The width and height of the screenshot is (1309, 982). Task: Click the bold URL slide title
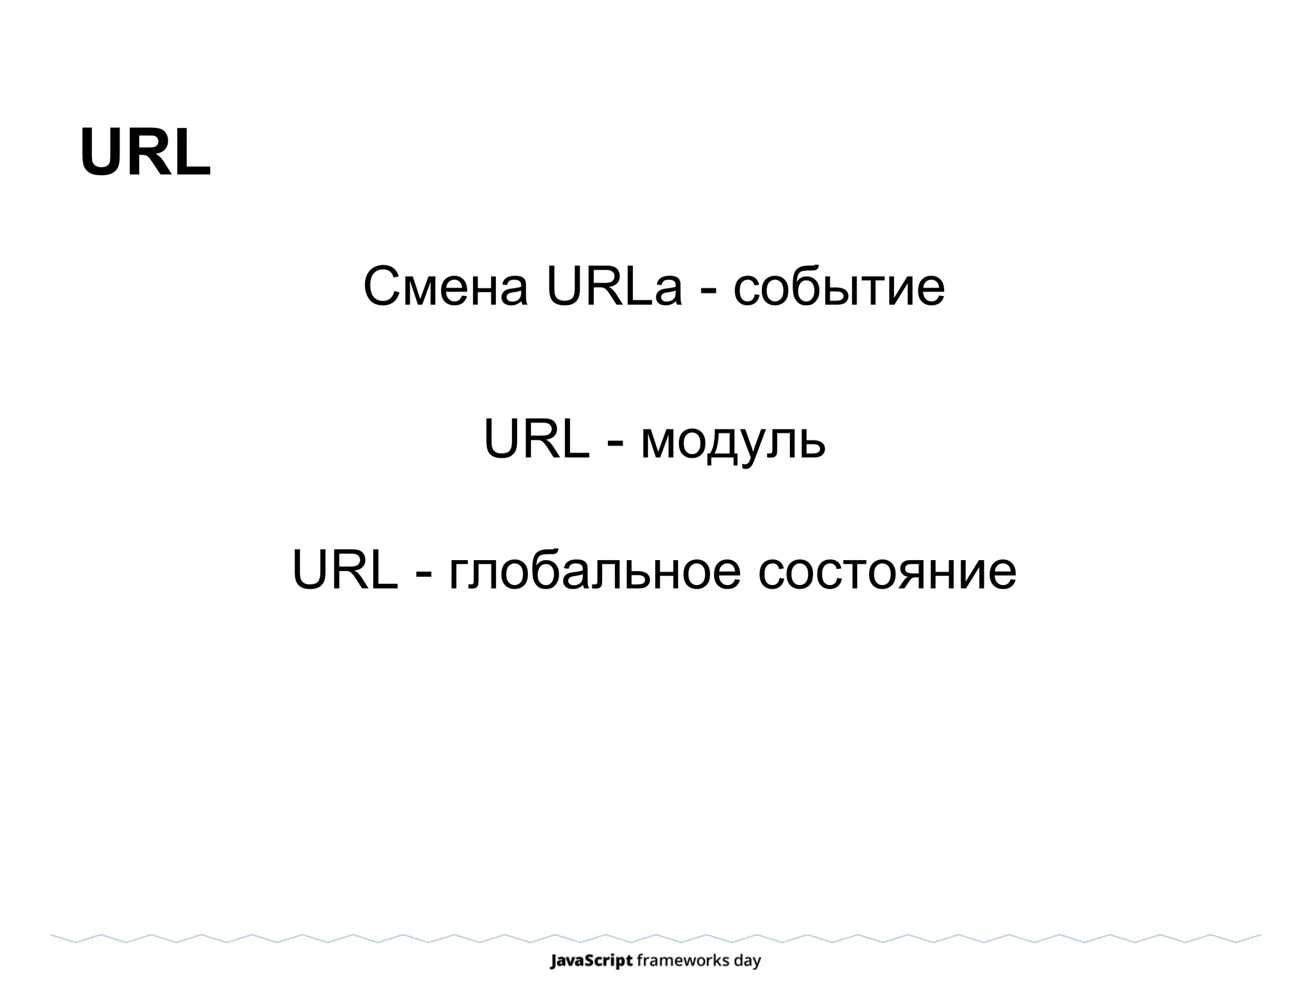point(145,153)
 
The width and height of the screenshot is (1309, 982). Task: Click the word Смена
point(445,287)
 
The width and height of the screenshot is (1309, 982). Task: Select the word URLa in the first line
point(614,287)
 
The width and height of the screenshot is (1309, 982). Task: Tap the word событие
point(839,287)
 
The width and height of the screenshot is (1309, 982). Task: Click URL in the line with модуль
point(536,439)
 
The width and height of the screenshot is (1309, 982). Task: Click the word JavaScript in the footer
point(591,961)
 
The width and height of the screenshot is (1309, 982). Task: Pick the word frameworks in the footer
point(685,961)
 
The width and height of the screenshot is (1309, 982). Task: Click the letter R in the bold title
point(146,153)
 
